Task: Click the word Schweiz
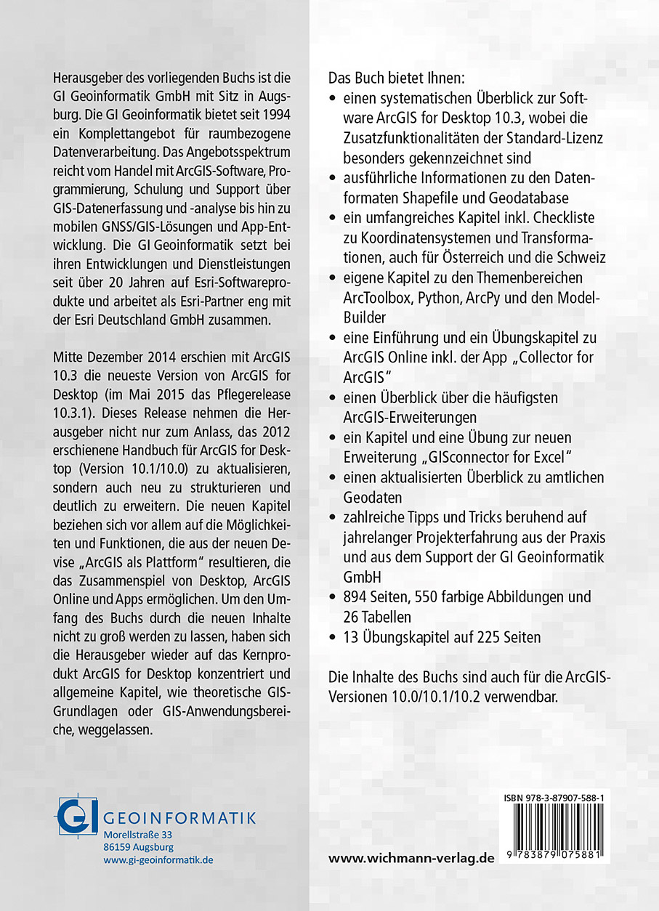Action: [583, 257]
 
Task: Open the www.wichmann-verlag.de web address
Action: [411, 858]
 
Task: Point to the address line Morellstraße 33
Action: [138, 835]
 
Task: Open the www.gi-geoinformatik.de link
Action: [158, 859]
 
